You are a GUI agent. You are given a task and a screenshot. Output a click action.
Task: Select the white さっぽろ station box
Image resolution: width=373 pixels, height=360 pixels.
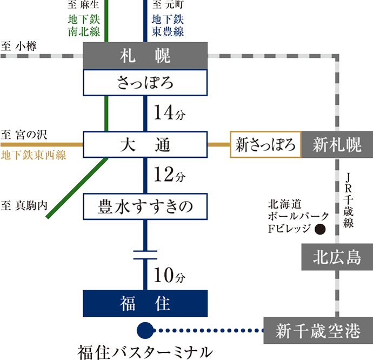pos(144,83)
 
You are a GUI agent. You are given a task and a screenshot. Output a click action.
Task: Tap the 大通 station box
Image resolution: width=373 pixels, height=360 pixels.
pos(144,145)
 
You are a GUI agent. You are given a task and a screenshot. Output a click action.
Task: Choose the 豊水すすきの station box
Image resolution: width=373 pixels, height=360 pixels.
pos(145,206)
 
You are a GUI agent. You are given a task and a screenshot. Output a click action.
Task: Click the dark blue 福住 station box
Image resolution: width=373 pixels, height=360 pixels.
pos(145,304)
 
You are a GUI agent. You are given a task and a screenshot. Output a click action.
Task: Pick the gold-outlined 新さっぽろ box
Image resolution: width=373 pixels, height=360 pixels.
pos(265,145)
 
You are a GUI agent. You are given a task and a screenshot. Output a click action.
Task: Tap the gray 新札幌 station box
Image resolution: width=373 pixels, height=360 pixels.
pos(336,145)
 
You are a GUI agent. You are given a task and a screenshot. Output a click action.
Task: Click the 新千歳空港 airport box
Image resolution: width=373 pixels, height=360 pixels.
pos(317,331)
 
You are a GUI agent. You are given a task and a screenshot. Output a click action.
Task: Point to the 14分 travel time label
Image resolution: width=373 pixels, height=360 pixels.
pos(169,114)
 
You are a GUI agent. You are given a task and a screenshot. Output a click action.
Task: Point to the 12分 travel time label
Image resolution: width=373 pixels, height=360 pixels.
pos(169,176)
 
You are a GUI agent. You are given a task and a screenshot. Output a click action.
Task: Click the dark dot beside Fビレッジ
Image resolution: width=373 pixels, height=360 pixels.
pos(321,229)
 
